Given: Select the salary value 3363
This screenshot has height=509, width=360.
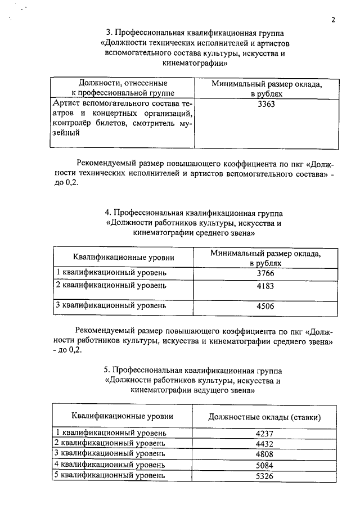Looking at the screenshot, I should pyautogui.click(x=265, y=105).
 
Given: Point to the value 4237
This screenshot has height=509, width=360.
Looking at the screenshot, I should pyautogui.click(x=264, y=434).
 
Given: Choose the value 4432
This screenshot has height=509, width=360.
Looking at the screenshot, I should pyautogui.click(x=264, y=444).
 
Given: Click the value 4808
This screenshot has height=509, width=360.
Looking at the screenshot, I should pyautogui.click(x=264, y=454).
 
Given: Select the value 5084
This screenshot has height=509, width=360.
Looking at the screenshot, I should pyautogui.click(x=264, y=465).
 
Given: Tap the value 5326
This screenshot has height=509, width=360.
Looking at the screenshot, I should pyautogui.click(x=264, y=476).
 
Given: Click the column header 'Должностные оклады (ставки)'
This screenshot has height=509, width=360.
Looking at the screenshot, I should pyautogui.click(x=264, y=417).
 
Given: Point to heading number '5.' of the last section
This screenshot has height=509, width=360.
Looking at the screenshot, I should pyautogui.click(x=107, y=370).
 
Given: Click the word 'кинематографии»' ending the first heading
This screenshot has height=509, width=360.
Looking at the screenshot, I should pyautogui.click(x=194, y=64).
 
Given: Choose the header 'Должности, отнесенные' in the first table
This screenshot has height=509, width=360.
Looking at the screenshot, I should pyautogui.click(x=123, y=83).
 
